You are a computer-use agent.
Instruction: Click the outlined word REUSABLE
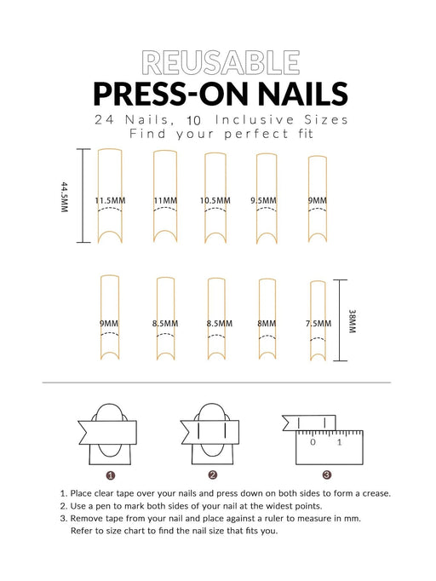tap(221, 63)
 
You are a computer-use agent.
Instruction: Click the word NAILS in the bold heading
tap(303, 94)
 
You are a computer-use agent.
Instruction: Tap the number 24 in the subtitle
tap(104, 120)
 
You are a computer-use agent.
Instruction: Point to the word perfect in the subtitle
tap(256, 134)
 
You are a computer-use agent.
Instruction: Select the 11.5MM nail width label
tap(110, 201)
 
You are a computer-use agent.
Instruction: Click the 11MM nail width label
tap(165, 201)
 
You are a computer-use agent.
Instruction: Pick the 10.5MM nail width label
tap(215, 201)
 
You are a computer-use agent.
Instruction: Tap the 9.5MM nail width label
tap(263, 201)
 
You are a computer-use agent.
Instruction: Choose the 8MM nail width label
tap(267, 324)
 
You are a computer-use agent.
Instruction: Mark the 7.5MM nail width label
tap(318, 324)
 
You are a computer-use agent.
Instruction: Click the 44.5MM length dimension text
tap(65, 197)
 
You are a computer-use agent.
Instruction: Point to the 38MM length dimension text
tap(353, 321)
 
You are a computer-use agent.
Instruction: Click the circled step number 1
tap(110, 475)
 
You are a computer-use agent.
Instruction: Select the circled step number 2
tap(212, 475)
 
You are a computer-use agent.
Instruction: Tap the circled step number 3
tap(327, 475)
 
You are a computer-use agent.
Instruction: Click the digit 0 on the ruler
tap(313, 442)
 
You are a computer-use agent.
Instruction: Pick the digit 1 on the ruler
tap(339, 442)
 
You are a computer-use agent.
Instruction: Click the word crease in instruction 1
tap(376, 494)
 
